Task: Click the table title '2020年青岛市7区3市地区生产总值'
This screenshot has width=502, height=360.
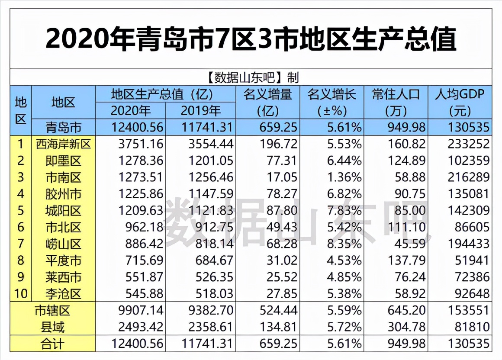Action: (x=251, y=39)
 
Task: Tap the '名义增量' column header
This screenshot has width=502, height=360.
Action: (x=267, y=94)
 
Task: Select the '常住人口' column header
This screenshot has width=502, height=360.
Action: (x=396, y=94)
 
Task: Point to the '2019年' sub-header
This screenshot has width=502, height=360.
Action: (x=201, y=110)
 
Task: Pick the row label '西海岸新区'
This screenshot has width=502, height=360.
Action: (x=64, y=144)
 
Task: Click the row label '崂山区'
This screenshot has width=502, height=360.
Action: (x=64, y=244)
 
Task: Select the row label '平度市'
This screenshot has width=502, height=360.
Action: (x=64, y=260)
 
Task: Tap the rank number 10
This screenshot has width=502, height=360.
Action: (x=20, y=294)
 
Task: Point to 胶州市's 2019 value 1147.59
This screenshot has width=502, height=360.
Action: (x=207, y=194)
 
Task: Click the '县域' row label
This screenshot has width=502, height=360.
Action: (x=52, y=327)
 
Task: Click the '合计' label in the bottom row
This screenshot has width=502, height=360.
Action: (x=52, y=344)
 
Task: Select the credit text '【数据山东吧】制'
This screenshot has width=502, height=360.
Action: (x=251, y=77)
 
